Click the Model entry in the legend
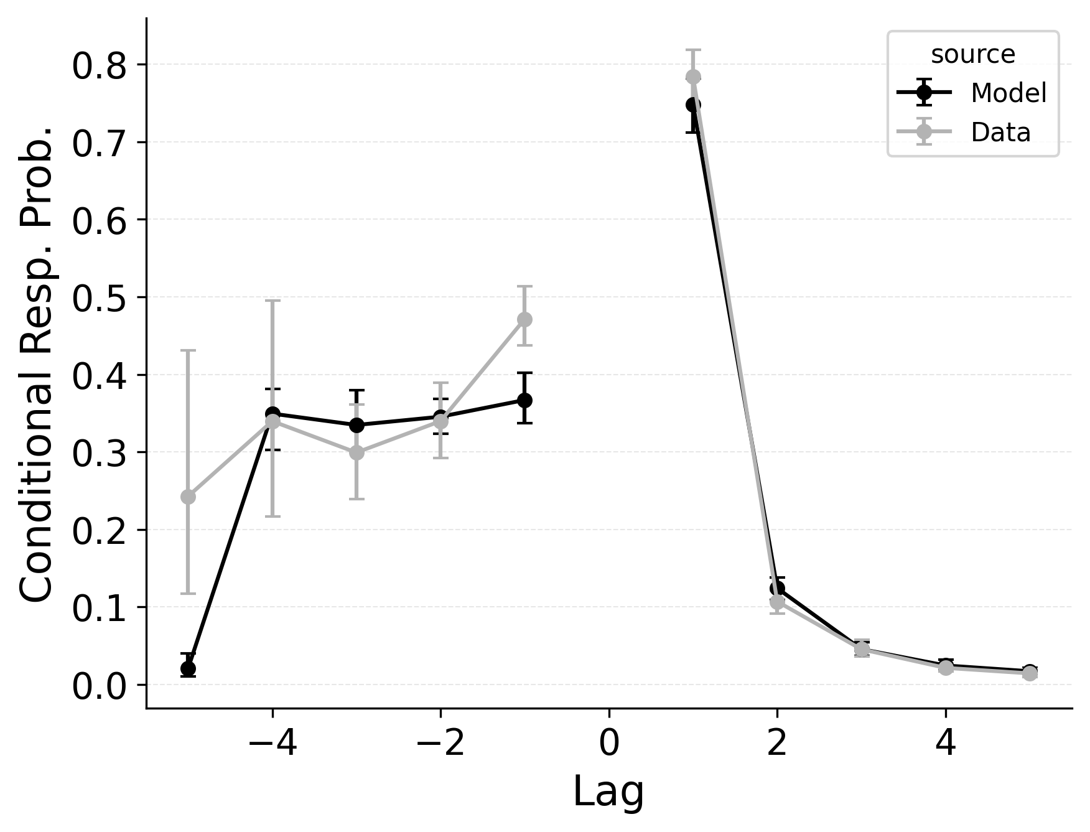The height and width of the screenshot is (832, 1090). click(1008, 93)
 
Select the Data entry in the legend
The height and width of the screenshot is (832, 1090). click(1000, 133)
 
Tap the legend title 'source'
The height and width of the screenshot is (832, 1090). click(972, 55)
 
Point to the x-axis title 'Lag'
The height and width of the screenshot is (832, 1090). click(608, 792)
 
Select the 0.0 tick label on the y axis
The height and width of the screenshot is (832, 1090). click(100, 687)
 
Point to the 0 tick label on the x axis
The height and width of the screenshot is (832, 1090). click(608, 744)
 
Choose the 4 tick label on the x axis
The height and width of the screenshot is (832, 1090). click(945, 744)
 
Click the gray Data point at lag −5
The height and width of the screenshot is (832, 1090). click(188, 497)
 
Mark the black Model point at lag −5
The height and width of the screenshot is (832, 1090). click(188, 668)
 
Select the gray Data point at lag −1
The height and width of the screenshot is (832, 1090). click(524, 319)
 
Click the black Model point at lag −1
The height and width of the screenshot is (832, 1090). click(524, 400)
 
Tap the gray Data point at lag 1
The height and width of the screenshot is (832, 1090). click(693, 77)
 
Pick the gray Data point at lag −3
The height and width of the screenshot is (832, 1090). click(356, 452)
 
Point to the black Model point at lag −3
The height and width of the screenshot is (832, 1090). click(356, 426)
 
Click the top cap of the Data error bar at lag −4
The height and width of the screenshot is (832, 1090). click(272, 301)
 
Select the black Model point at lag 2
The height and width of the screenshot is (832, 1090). click(777, 589)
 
